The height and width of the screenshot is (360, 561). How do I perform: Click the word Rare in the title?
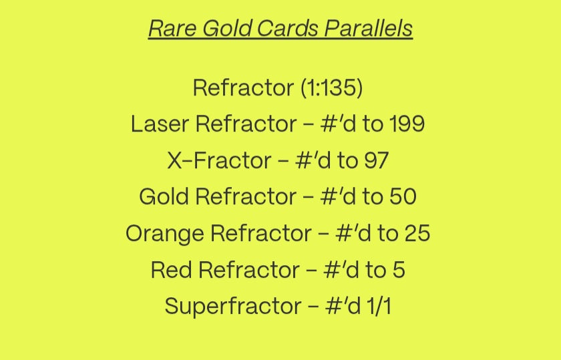tap(172, 28)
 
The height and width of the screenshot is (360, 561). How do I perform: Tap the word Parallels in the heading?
tap(369, 28)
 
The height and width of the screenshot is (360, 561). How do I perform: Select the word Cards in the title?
tap(287, 28)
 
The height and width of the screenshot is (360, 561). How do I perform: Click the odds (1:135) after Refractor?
tap(332, 88)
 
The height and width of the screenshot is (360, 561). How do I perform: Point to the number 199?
tap(407, 124)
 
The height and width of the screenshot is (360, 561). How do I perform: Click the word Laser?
tap(160, 124)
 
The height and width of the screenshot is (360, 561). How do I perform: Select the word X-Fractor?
tap(219, 160)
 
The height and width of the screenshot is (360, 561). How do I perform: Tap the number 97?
tap(377, 160)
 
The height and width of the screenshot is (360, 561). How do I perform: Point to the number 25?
tap(417, 233)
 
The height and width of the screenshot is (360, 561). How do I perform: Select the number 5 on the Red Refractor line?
tap(399, 270)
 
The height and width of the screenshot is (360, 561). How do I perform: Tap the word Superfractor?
tap(232, 307)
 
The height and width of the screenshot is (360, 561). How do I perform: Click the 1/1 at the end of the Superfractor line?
tap(379, 307)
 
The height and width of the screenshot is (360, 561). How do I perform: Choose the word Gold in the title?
tap(226, 28)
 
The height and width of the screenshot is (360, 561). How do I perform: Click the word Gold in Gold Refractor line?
tap(164, 197)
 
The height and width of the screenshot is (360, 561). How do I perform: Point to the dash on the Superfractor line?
tap(313, 307)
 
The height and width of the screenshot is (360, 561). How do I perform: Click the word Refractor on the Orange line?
tap(261, 233)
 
